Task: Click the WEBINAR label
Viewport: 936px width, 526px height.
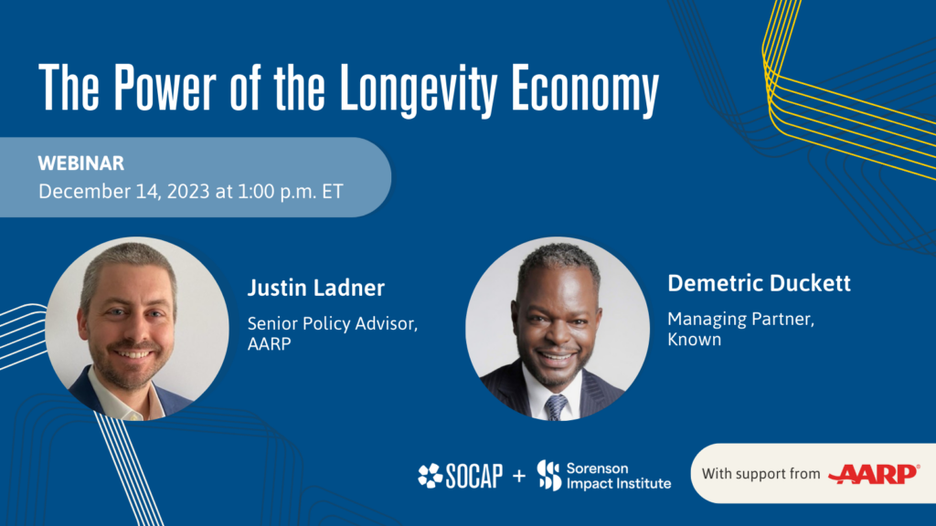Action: pyautogui.click(x=81, y=163)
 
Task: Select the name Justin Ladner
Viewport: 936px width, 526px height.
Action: pyautogui.click(x=316, y=289)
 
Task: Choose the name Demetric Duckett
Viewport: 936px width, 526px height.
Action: pyautogui.click(x=759, y=283)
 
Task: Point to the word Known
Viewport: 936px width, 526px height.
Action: pyautogui.click(x=694, y=340)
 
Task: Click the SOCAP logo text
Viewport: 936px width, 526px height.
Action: pyautogui.click(x=473, y=476)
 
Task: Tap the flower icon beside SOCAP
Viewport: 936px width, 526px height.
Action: pyautogui.click(x=430, y=476)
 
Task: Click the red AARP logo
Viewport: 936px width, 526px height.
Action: pyautogui.click(x=873, y=474)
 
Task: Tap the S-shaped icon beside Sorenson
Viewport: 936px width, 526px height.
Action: pyautogui.click(x=548, y=476)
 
